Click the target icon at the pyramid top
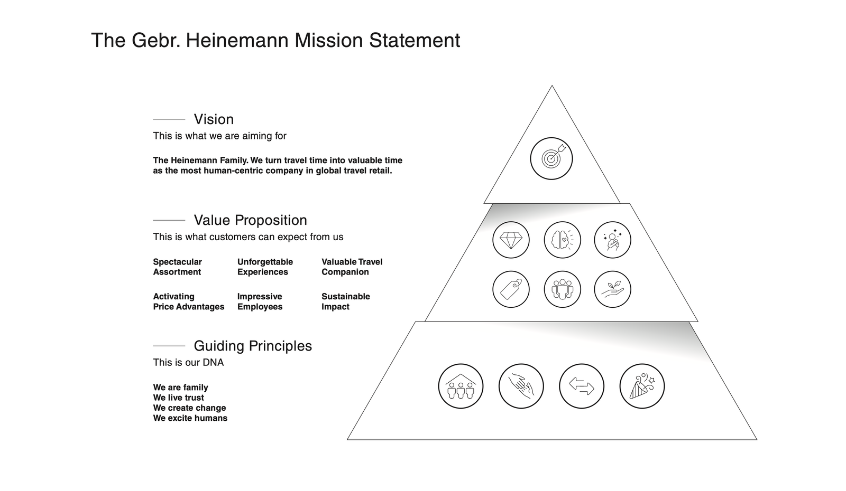point(551,158)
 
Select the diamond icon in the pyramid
point(511,240)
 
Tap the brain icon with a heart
point(562,240)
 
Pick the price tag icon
point(511,289)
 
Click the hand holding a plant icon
point(612,289)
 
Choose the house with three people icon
point(461,386)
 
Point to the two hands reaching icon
point(521,386)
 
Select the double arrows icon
point(582,386)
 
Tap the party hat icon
point(642,386)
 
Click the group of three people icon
point(562,289)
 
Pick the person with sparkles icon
point(612,240)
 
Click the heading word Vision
point(214,119)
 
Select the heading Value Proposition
point(250,220)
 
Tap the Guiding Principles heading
point(253,346)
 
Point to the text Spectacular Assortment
point(177,267)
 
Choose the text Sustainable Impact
point(345,301)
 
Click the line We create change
point(189,408)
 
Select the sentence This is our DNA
point(188,362)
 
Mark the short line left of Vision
point(169,119)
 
